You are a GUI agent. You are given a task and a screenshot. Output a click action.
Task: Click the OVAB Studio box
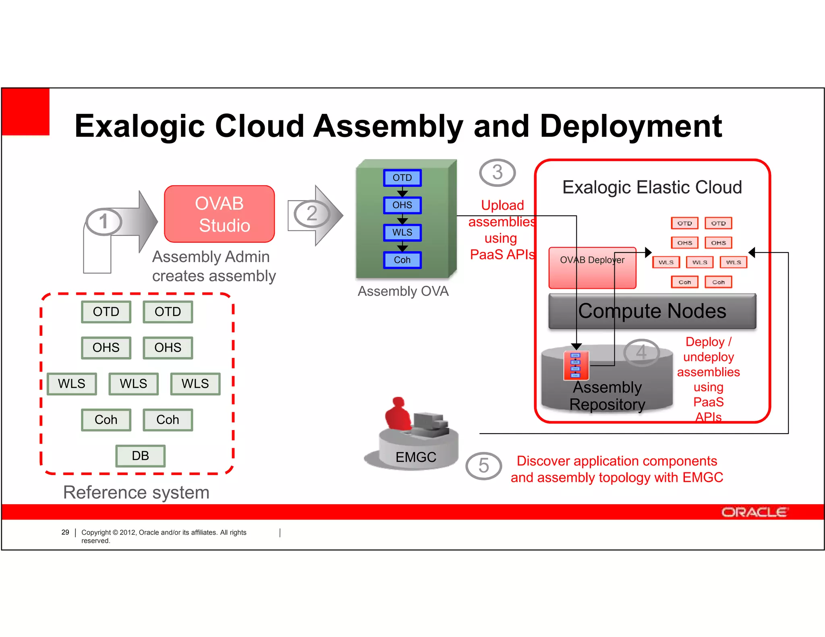219,214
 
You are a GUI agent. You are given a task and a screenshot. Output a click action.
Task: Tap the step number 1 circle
104,222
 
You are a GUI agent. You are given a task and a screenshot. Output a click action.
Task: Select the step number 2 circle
311,214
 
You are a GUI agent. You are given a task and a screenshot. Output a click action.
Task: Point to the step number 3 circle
497,173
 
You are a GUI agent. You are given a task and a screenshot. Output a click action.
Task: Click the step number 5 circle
483,466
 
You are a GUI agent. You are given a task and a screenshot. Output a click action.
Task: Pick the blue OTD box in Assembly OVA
402,178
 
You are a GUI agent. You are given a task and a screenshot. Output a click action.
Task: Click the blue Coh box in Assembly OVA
402,260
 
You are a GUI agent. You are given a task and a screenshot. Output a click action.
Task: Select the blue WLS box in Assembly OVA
402,233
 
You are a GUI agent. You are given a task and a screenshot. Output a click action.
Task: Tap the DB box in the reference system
140,456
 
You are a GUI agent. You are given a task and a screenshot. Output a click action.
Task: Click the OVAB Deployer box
592,268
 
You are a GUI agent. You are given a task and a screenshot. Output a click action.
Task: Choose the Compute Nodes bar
652,311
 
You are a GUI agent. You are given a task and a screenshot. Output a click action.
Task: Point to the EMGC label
416,457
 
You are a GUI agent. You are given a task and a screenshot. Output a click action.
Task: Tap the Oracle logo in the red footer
754,512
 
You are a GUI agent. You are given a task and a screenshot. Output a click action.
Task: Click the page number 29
65,532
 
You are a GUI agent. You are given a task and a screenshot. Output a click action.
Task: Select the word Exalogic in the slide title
139,126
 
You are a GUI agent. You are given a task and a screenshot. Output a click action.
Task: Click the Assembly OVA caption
403,291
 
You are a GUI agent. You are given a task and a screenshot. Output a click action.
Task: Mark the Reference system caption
136,492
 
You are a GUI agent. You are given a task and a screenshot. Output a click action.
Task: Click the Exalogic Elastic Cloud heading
652,187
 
